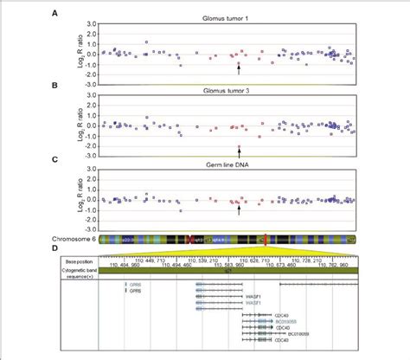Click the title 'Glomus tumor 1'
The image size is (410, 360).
click(227, 16)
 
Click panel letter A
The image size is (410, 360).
click(54, 14)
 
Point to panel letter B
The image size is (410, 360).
click(54, 87)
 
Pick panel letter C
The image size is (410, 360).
click(54, 158)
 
